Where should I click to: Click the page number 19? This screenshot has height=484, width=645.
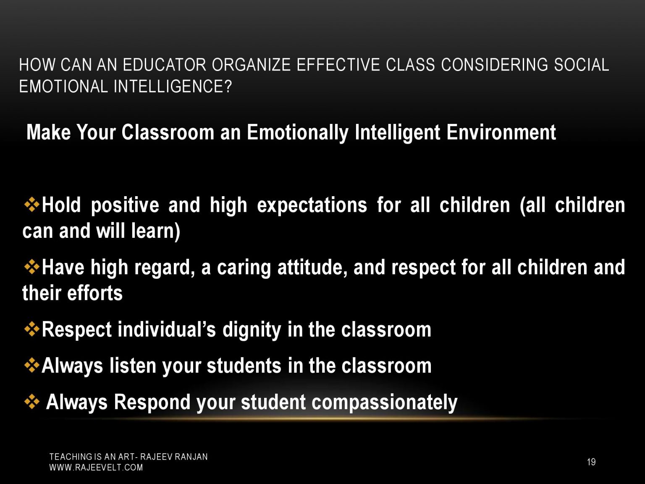click(x=591, y=462)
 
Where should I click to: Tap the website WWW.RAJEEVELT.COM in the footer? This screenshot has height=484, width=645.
click(x=96, y=468)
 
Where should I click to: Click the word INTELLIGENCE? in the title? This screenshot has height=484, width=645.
click(x=173, y=87)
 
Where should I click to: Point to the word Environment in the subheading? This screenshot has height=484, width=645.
click(x=501, y=132)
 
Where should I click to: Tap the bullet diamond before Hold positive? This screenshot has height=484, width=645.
click(x=32, y=205)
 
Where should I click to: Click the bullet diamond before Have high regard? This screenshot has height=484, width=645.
click(x=32, y=267)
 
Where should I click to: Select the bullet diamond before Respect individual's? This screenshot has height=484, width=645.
click(x=32, y=329)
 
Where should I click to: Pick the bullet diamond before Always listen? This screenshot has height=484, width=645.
click(x=32, y=366)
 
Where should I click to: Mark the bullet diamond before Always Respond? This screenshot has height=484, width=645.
click(x=32, y=402)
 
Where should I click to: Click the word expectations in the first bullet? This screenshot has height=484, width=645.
click(x=312, y=205)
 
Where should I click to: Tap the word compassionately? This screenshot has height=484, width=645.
click(x=384, y=402)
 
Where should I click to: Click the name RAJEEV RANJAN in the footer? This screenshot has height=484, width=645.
click(x=174, y=457)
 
